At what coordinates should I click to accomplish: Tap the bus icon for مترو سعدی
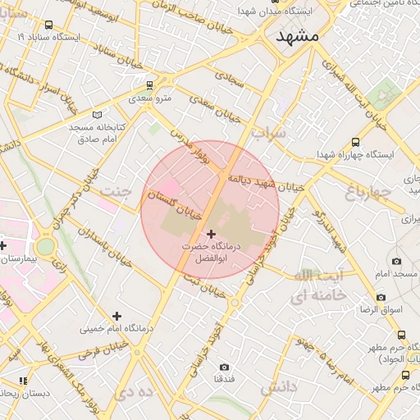(x=149, y=85)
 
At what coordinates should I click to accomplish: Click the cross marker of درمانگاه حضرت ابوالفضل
(x=211, y=234)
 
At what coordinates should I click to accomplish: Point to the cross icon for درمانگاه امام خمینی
(x=116, y=316)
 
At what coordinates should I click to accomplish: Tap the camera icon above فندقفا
(x=225, y=367)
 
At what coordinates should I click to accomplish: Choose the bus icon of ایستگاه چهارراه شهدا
(x=354, y=141)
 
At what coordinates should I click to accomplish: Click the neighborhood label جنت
(x=115, y=190)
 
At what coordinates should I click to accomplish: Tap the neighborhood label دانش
(x=279, y=387)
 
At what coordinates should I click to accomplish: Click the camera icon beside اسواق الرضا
(x=381, y=297)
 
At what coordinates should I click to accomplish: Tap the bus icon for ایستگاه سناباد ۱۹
(x=22, y=37)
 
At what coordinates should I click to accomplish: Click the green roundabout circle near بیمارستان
(x=45, y=246)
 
